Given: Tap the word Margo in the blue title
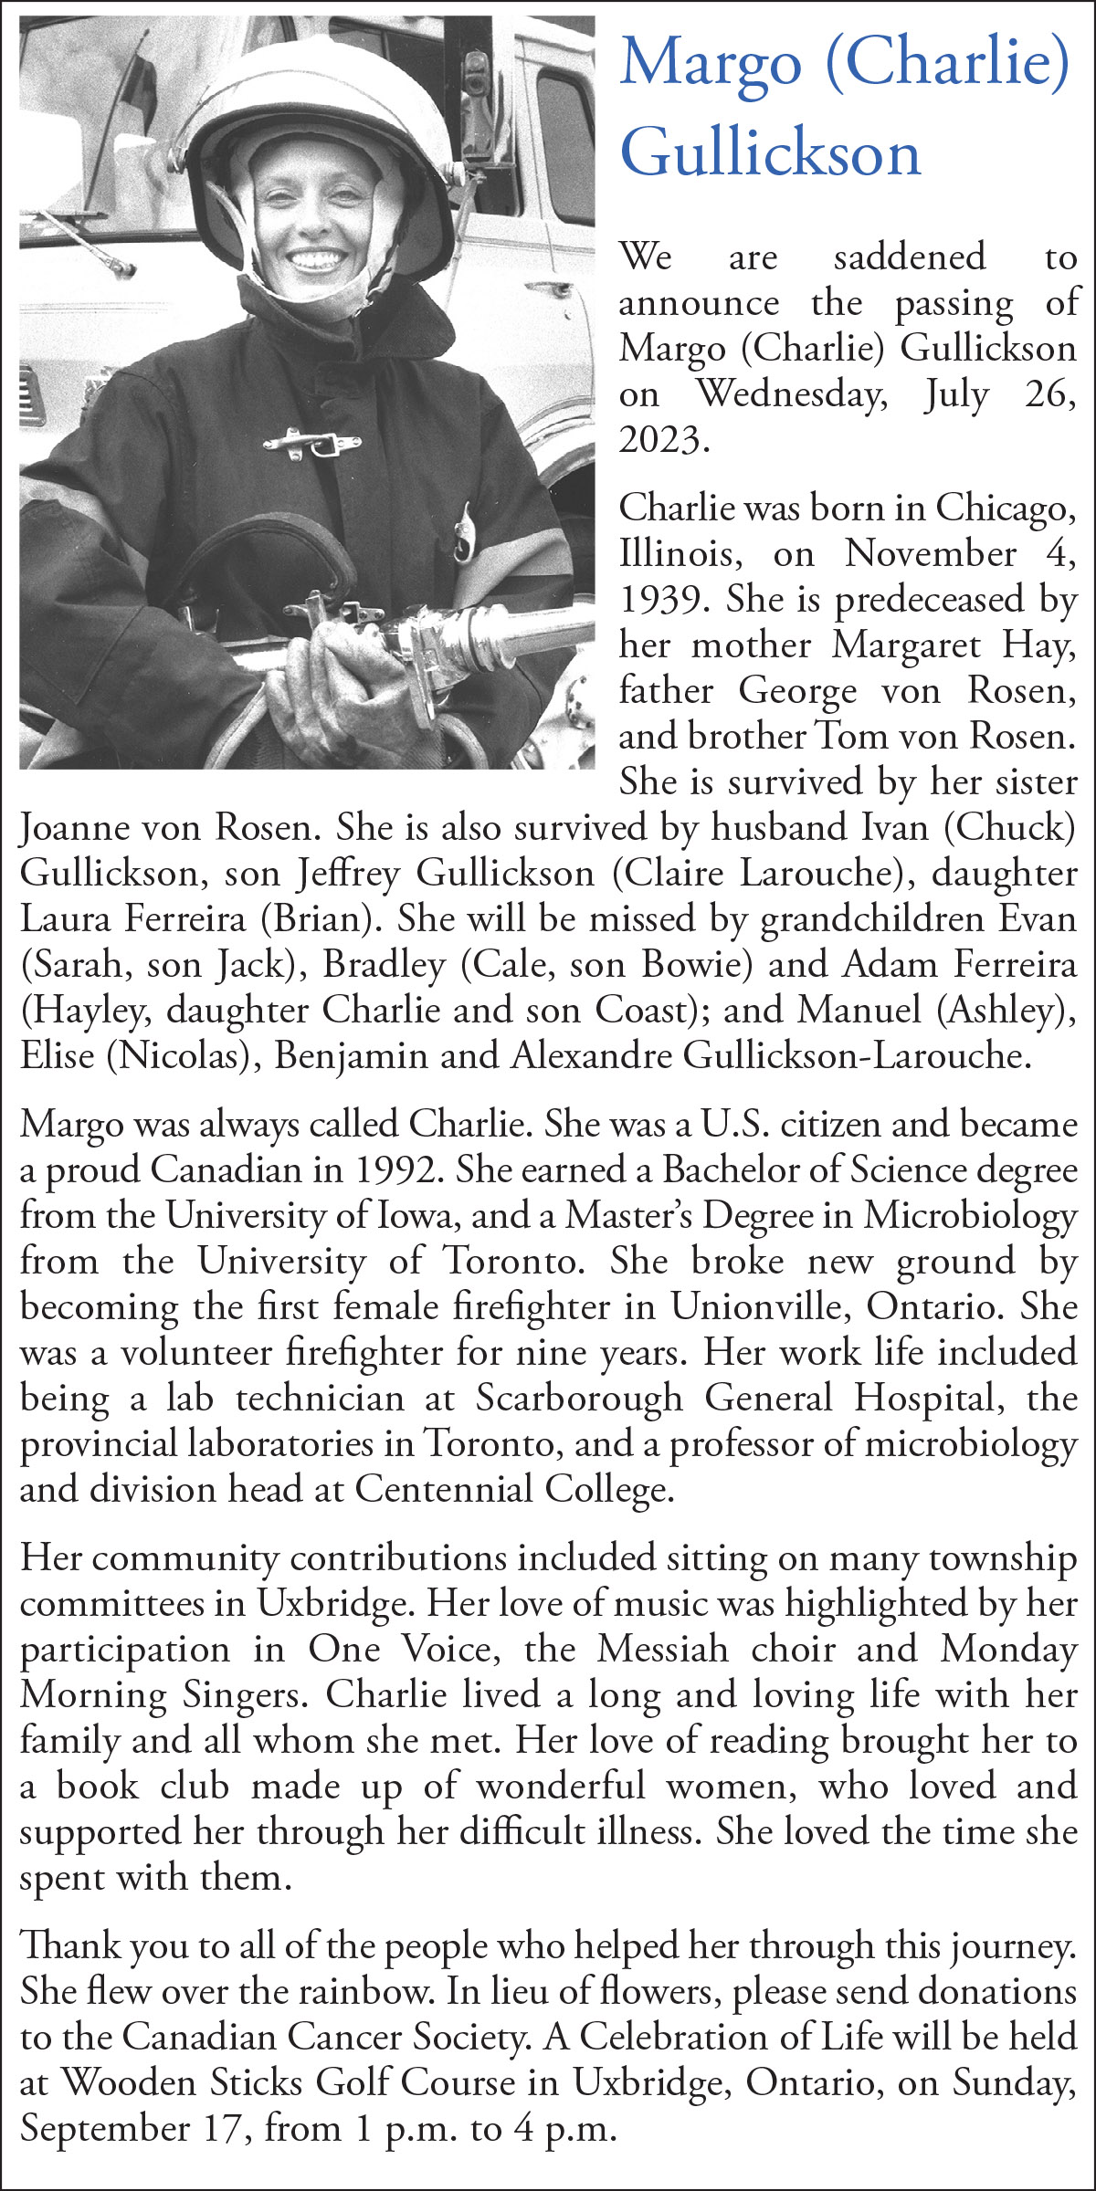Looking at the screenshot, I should pos(711,64).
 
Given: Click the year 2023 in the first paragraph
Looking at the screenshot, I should pos(663,440).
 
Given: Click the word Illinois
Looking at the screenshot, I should pos(676,554).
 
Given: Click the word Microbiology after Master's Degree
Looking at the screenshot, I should pos(970,1216).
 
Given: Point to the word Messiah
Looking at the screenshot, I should pos(663,1650).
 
